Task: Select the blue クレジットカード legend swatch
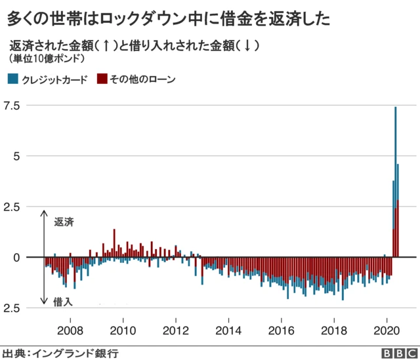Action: (14, 79)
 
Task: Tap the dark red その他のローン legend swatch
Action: (102, 79)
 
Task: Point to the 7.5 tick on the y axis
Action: (13, 106)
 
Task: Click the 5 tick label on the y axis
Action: (18, 156)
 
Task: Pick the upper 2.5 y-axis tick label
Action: (13, 207)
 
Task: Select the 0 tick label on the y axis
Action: (18, 257)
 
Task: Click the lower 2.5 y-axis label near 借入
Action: (13, 308)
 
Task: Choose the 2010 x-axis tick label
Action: (123, 329)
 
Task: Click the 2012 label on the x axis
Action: (176, 329)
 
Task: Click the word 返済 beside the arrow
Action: (64, 222)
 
